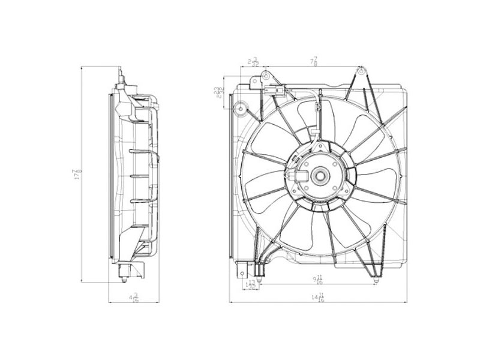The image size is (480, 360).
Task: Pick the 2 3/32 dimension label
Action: pyautogui.click(x=253, y=61)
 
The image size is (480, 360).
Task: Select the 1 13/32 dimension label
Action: pyautogui.click(x=252, y=284)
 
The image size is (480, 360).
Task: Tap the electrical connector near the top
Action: pyautogui.click(x=274, y=92)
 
